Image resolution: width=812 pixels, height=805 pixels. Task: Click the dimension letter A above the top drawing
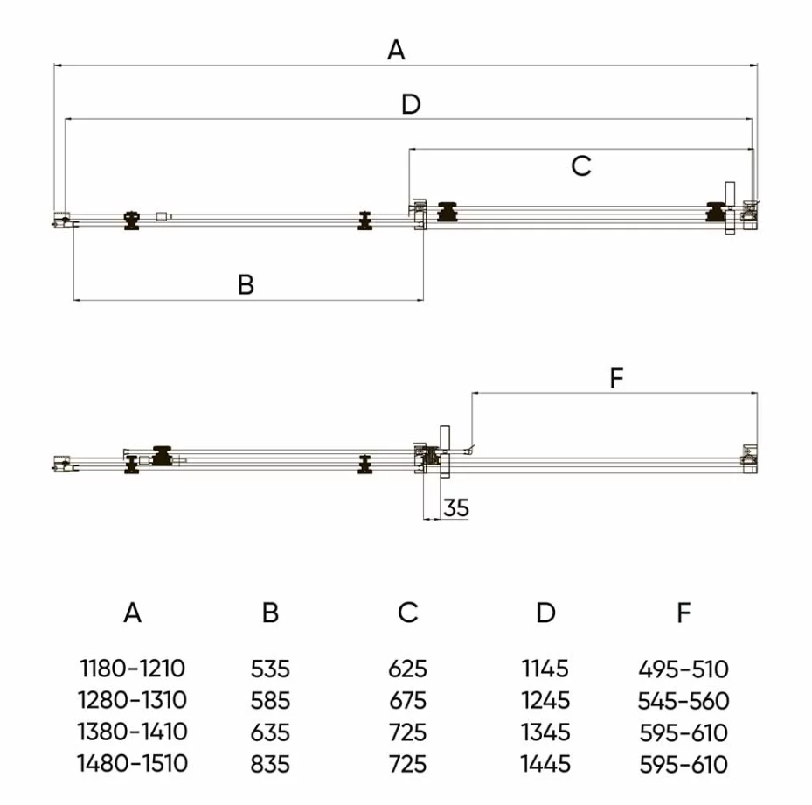396,51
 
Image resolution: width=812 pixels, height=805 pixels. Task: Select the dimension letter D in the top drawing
411,105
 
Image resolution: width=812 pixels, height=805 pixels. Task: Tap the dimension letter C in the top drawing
581,165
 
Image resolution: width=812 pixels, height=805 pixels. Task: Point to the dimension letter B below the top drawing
246,284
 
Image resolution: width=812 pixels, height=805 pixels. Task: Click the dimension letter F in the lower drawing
615,379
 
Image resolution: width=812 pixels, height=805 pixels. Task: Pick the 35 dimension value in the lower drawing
455,507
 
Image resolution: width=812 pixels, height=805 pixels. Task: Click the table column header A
132,612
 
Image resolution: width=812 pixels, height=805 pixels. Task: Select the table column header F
684,612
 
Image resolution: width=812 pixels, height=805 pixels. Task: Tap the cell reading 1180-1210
133,669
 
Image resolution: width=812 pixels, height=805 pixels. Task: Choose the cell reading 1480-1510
133,763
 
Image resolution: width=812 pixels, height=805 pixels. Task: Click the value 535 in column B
270,670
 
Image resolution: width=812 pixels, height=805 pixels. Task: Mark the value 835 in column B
270,764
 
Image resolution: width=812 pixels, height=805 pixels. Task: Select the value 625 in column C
408,670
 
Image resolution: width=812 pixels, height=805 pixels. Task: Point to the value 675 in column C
408,701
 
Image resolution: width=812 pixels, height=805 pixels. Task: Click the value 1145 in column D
545,669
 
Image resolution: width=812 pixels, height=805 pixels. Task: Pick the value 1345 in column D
545,732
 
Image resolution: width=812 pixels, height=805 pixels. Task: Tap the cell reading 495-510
684,670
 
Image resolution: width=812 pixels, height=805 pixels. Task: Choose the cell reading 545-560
684,701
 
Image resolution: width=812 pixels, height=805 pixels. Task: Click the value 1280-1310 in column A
133,701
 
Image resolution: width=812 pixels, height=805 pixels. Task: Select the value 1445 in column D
545,764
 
